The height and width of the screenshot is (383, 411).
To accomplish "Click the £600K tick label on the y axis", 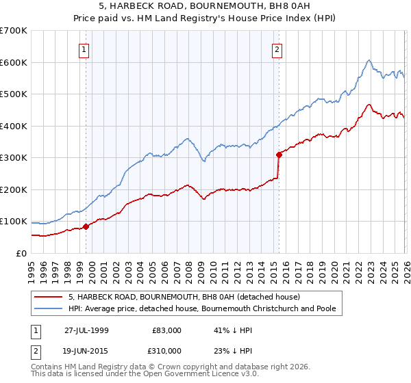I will coord(14,62).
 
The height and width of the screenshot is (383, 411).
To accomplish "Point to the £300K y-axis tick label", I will coord(14,158).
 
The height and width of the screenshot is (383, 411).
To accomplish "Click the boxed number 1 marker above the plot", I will coord(84,49).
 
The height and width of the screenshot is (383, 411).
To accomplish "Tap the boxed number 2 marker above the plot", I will coord(277,49).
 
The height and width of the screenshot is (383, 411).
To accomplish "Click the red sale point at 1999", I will coord(86,226).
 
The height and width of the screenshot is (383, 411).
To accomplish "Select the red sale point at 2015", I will coord(279,155).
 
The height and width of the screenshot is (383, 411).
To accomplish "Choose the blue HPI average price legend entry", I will coord(201,308).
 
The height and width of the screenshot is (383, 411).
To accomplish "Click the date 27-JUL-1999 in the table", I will coord(88,330).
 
